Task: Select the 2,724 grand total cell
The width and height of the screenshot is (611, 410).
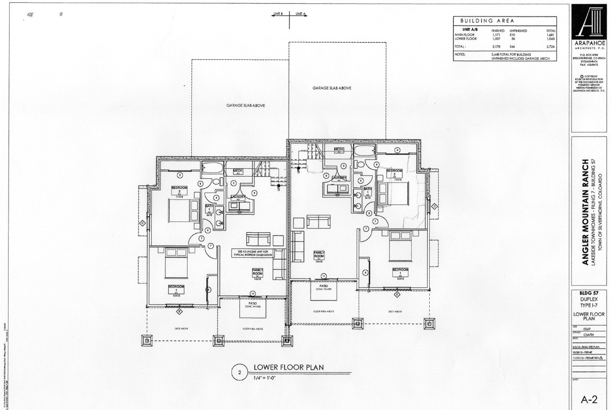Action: pyautogui.click(x=551, y=47)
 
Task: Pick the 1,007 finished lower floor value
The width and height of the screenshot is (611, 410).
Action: pyautogui.click(x=498, y=39)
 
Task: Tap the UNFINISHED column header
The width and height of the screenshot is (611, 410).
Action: pyautogui.click(x=519, y=31)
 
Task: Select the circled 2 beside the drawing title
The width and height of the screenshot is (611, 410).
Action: pyautogui.click(x=240, y=373)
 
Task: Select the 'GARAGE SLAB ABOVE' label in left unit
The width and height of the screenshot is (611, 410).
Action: pyautogui.click(x=245, y=106)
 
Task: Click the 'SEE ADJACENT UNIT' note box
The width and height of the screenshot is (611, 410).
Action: pyautogui.click(x=252, y=253)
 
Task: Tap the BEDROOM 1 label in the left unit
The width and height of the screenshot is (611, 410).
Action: pyautogui.click(x=176, y=288)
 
